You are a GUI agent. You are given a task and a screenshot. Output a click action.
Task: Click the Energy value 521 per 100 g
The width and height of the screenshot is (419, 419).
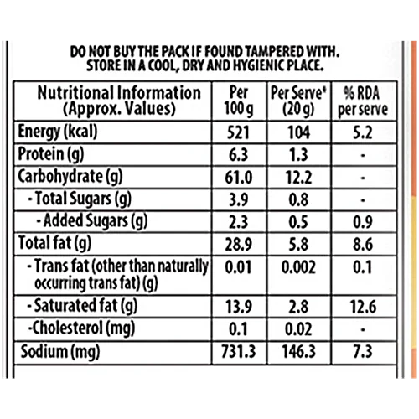click(x=238, y=132)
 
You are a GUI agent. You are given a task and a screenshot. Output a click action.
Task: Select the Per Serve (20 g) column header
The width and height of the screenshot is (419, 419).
click(x=298, y=101)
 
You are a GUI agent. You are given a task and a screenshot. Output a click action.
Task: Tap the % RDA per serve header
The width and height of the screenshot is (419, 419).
click(x=363, y=101)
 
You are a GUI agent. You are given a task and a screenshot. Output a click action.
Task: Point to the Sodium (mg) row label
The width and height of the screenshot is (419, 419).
click(x=60, y=352)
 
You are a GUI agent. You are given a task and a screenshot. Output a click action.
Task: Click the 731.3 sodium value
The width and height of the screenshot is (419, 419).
click(x=238, y=351)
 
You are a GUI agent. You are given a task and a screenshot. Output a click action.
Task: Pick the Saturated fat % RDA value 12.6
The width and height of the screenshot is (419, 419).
click(x=363, y=307)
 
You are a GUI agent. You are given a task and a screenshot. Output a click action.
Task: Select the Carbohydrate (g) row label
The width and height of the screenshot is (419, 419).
click(x=70, y=177)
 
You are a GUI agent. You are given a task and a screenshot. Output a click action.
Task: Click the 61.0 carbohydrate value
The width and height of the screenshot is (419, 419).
click(x=238, y=178)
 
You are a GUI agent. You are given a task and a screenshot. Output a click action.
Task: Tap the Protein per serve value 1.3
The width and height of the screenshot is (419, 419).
click(x=298, y=155)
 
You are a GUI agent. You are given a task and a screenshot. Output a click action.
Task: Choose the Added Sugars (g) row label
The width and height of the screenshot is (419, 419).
click(x=92, y=221)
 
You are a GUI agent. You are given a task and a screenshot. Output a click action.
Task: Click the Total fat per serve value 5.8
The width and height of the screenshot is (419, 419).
click(x=298, y=245)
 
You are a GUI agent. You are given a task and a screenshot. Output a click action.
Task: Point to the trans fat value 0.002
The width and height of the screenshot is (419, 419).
click(x=298, y=267)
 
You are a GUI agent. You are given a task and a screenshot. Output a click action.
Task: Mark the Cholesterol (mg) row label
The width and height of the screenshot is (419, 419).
click(x=81, y=328)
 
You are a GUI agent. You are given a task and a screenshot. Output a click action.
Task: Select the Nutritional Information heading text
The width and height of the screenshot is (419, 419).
click(x=119, y=93)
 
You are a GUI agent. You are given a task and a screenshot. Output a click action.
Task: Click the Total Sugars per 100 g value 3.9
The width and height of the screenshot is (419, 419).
click(x=238, y=199)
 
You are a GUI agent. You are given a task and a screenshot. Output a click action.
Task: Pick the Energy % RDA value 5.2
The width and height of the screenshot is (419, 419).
click(x=363, y=132)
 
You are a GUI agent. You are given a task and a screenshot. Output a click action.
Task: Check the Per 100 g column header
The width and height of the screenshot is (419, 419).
click(x=239, y=101)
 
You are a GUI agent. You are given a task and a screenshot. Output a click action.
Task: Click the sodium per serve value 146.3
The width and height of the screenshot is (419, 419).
click(x=298, y=351)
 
